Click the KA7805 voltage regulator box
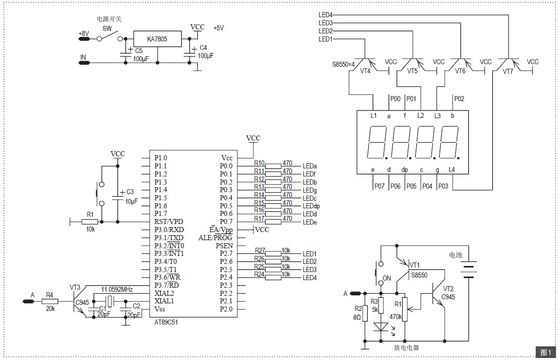pyautogui.click(x=157, y=38)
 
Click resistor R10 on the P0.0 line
pyautogui.click(x=273, y=166)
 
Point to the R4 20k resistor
pyautogui.click(x=50, y=301)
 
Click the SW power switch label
pyautogui.click(x=107, y=29)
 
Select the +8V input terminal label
pyautogui.click(x=83, y=34)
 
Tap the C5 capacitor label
pyautogui.click(x=139, y=51)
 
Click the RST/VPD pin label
pyautogui.click(x=169, y=221)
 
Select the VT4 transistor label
pyautogui.click(x=365, y=71)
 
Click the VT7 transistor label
pyautogui.click(x=508, y=71)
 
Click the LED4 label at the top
pyautogui.click(x=325, y=15)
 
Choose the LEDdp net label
pyautogui.click(x=311, y=206)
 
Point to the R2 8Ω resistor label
pyautogui.click(x=358, y=312)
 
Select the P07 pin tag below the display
pyautogui.click(x=379, y=186)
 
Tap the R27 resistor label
pyautogui.click(x=260, y=250)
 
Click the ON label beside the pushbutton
pyautogui.click(x=387, y=278)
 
